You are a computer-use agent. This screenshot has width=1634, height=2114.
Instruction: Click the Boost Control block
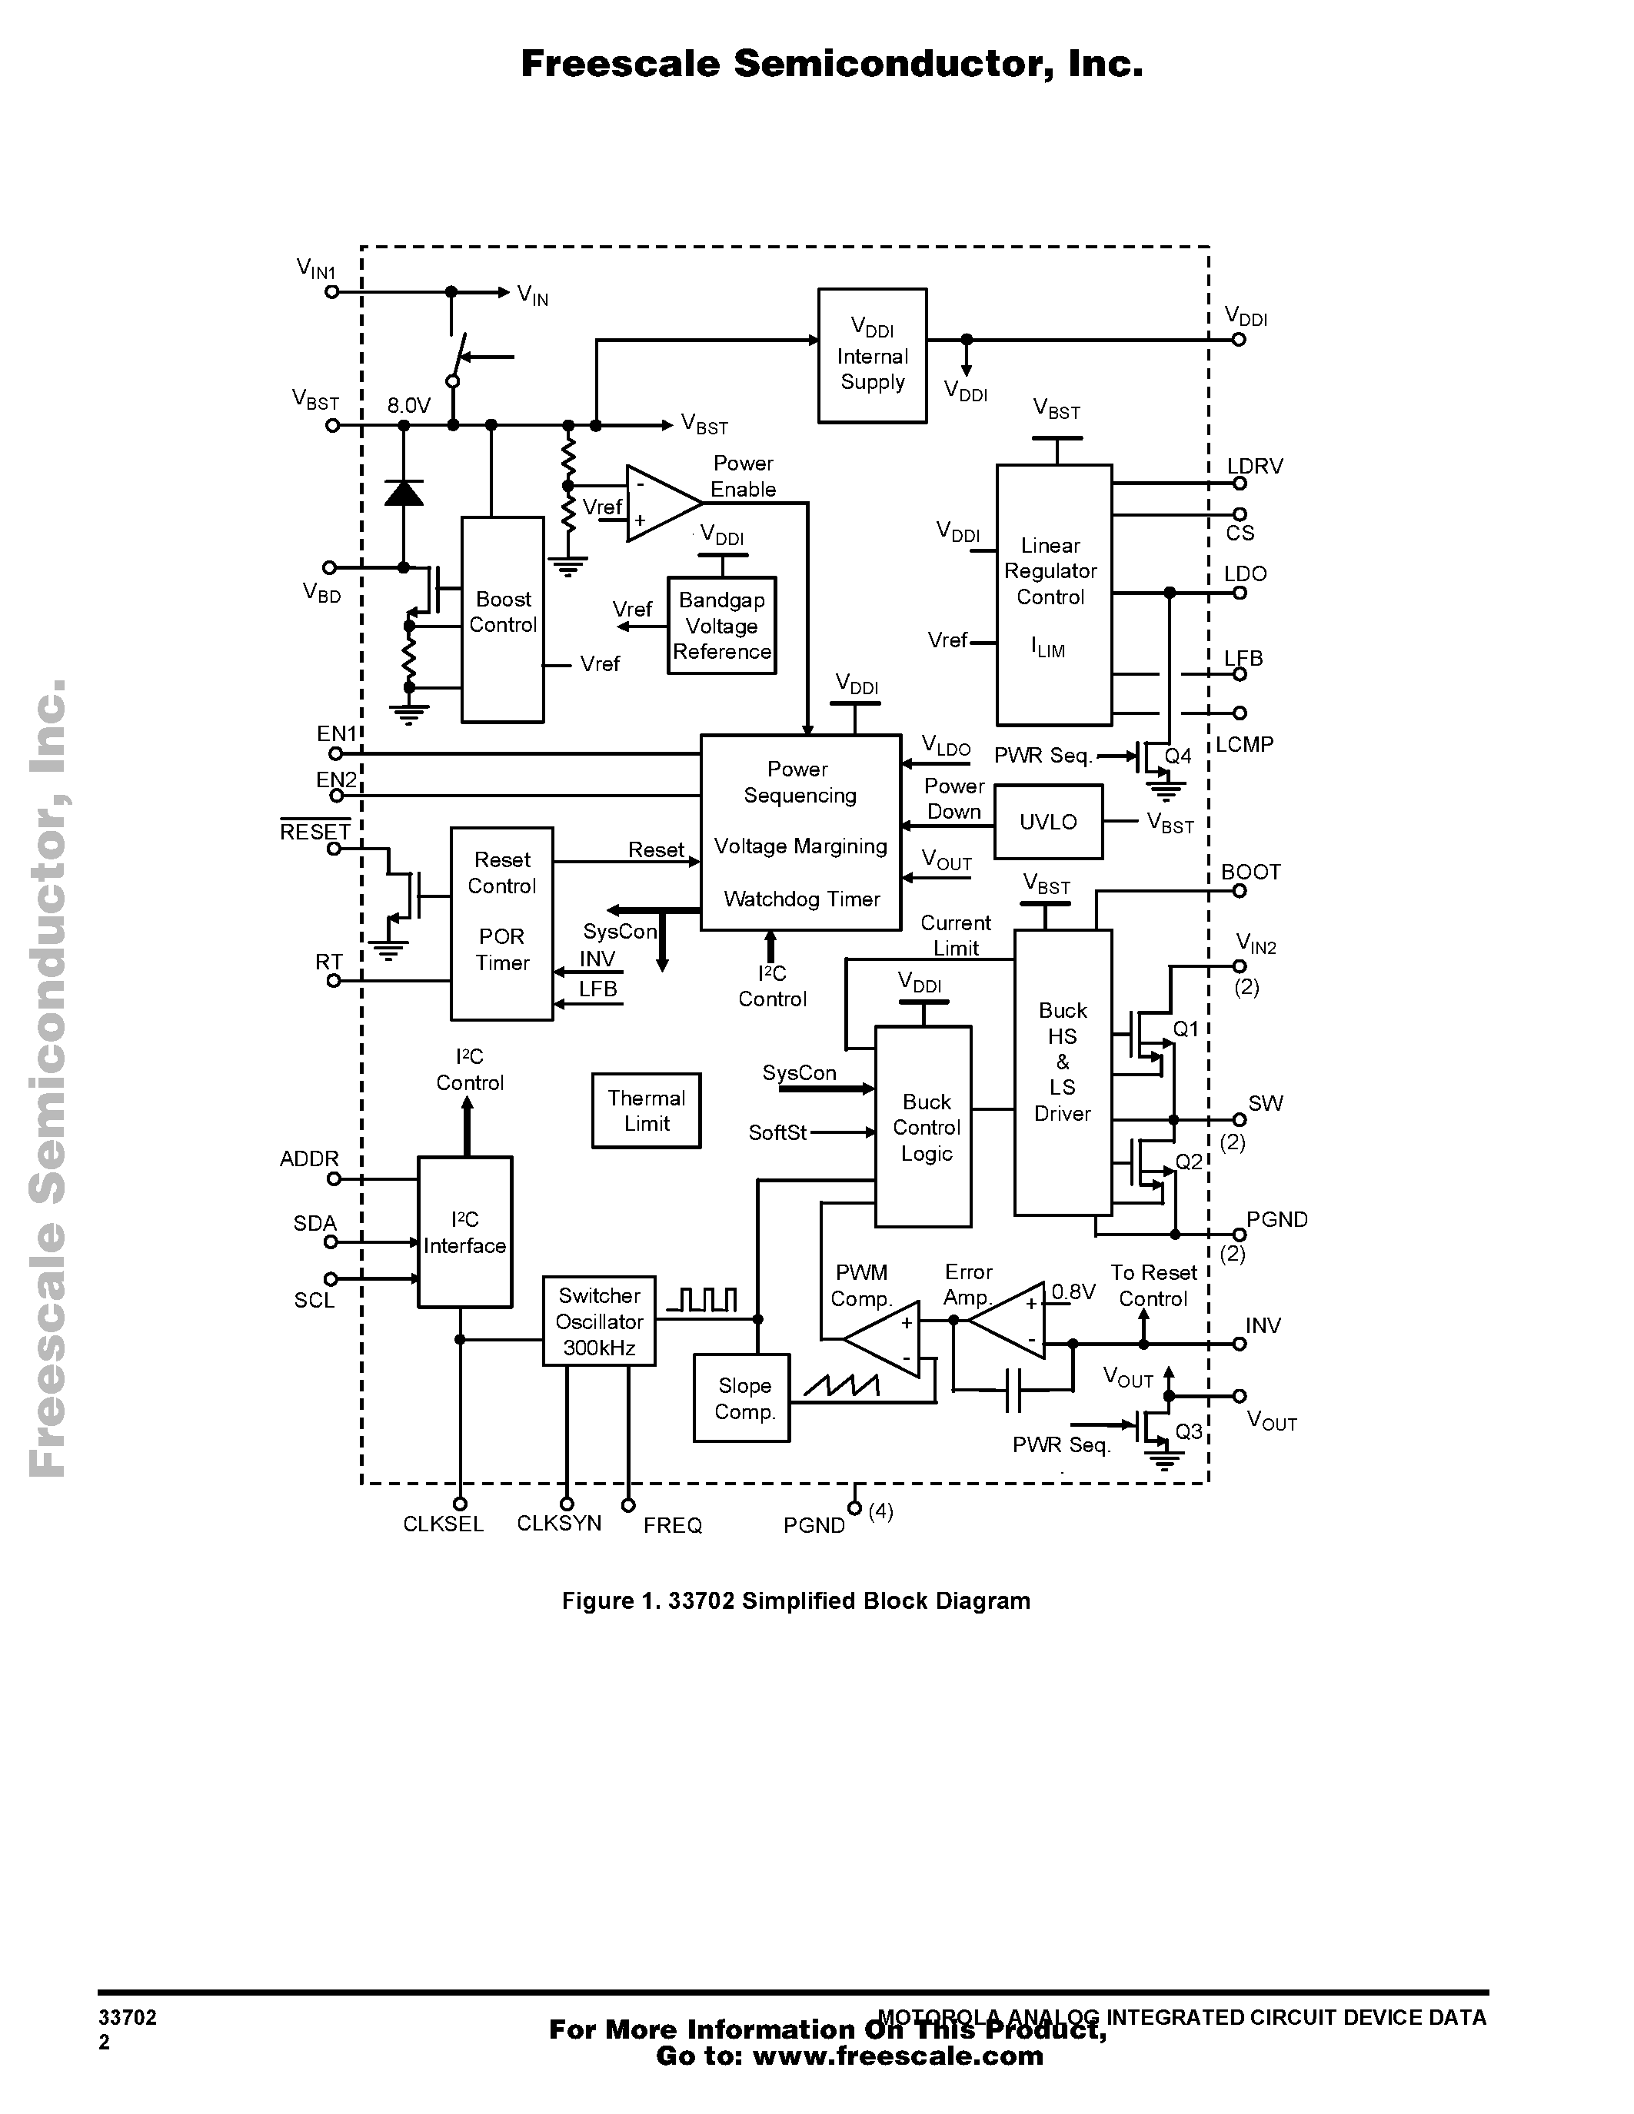click(502, 620)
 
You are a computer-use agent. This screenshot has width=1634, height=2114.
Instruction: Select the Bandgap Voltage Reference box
click(722, 625)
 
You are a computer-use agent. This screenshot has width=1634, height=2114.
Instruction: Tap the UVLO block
click(1048, 822)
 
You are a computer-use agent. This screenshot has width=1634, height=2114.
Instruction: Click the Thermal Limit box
click(646, 1110)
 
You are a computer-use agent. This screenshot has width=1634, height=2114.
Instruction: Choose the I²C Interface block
click(464, 1232)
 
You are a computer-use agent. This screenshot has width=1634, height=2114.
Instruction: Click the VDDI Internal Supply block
click(872, 355)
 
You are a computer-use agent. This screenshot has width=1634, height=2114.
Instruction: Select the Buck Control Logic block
click(923, 1127)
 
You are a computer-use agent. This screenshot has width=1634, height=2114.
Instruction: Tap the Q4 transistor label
click(1178, 756)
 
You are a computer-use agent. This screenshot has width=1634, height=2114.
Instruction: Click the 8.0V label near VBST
click(408, 406)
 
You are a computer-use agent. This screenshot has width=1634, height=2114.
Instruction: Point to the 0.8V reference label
click(1073, 1291)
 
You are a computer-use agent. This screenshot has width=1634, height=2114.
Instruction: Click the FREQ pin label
click(673, 1525)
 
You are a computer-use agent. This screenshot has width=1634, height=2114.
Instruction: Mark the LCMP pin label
click(1245, 744)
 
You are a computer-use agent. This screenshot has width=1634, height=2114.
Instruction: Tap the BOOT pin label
click(1250, 873)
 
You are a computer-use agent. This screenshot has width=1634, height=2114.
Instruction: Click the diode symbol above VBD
click(404, 494)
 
